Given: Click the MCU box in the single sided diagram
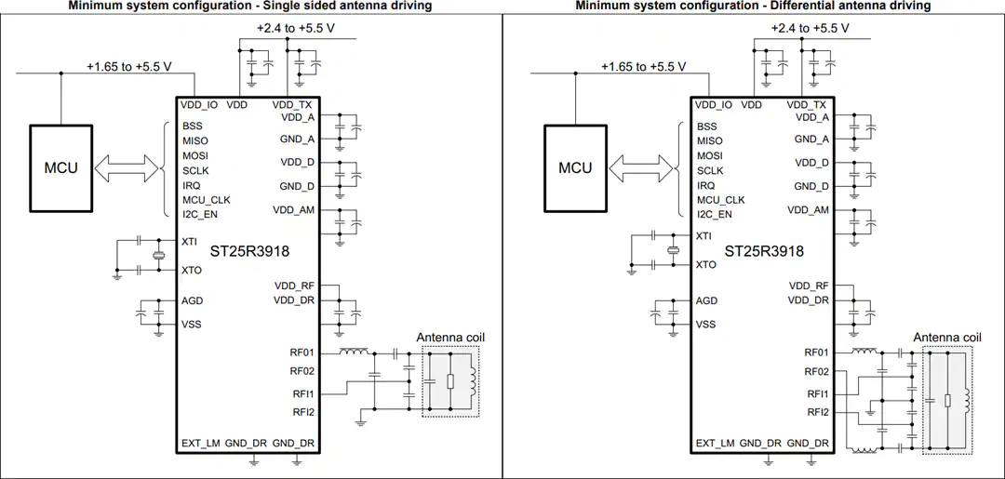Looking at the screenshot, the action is coord(60,168).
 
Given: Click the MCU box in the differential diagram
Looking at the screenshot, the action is coord(575,168).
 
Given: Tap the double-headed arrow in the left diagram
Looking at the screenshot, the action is coord(126,168).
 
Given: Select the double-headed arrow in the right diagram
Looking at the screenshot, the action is coord(639,168).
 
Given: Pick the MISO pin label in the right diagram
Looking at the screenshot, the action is coord(709,140).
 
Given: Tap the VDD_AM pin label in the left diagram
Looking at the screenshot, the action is coord(293,209).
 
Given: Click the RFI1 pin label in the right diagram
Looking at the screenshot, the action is coord(817,393).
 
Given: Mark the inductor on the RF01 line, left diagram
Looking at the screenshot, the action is coord(354,351).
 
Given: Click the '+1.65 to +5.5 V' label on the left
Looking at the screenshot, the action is coord(129,66).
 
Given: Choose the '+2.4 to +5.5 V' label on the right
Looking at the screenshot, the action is coord(811,28).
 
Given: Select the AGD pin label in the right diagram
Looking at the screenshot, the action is coord(707,301).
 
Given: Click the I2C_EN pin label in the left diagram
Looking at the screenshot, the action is coord(199,214).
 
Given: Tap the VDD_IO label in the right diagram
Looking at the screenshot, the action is coord(714,104).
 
